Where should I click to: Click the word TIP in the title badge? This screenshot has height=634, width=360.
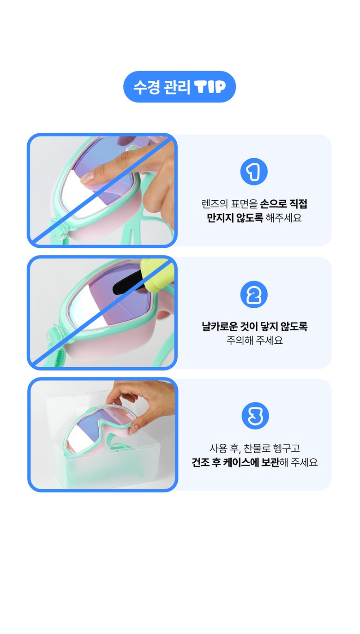(x=210, y=87)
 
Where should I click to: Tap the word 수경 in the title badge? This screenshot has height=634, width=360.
(x=147, y=87)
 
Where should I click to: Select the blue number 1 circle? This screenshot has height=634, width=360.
(x=254, y=172)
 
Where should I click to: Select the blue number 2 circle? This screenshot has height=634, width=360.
(x=254, y=294)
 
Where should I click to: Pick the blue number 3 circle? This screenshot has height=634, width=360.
(x=255, y=415)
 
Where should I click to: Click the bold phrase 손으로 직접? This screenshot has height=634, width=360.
(x=283, y=203)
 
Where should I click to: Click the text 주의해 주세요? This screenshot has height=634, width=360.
(x=254, y=340)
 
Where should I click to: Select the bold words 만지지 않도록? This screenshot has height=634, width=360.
(x=235, y=218)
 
